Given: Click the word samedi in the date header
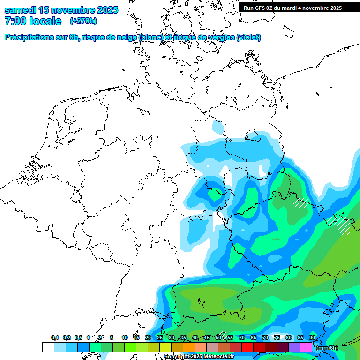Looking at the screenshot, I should (x=20, y=10).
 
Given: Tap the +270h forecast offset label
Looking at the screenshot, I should (x=83, y=21).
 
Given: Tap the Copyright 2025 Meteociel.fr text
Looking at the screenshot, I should (x=198, y=357).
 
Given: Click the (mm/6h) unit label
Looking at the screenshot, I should (x=327, y=347).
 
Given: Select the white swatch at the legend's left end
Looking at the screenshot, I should (x=48, y=347).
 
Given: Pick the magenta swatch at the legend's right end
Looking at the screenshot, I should (x=306, y=347).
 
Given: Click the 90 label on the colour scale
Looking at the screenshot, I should (x=312, y=337).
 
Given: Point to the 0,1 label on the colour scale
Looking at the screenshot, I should (x=55, y=337).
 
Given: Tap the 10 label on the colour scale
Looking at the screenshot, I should (x=125, y=337).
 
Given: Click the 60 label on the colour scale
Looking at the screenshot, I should (x=241, y=337).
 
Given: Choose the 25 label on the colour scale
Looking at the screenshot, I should (x=159, y=337).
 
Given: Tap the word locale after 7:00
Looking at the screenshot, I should (x=46, y=21).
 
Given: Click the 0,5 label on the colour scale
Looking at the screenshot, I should (x=78, y=337).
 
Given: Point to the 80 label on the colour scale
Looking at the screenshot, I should (x=288, y=337).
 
